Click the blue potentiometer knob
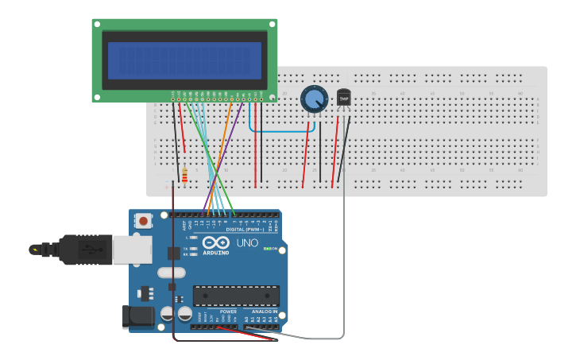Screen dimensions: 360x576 click(314, 99)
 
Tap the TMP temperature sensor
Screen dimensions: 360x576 click(343, 97)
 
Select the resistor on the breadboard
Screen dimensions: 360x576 click(184, 175)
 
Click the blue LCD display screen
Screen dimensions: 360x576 click(184, 61)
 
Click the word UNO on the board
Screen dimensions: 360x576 click(248, 243)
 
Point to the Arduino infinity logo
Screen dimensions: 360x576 click(215, 243)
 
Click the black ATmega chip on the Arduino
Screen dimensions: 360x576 click(236, 296)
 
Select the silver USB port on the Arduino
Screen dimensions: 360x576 click(132, 249)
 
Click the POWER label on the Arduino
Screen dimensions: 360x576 click(218, 312)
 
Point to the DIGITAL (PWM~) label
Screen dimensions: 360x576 click(245, 229)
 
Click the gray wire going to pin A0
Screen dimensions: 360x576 click(343, 262)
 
